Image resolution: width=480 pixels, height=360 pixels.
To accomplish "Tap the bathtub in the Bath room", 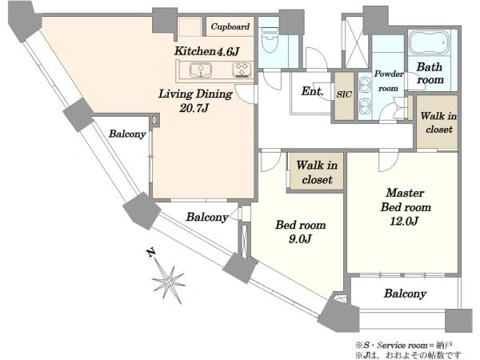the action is (x=429, y=42).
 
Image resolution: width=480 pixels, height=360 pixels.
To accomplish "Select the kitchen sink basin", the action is (x=201, y=70).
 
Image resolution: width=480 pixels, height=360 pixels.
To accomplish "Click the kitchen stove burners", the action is (x=242, y=70).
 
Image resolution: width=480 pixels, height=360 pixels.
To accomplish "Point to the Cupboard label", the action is (x=230, y=26).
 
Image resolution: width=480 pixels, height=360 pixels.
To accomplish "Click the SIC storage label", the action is (x=344, y=94).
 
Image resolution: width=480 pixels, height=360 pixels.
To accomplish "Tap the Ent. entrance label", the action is (x=312, y=91).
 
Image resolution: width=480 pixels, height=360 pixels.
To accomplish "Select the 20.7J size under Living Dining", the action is (x=194, y=108).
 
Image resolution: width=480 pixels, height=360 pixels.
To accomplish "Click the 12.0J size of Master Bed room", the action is (x=404, y=221).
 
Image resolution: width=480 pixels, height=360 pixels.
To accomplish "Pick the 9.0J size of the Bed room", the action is (x=300, y=238).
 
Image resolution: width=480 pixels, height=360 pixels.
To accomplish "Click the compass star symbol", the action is (x=168, y=282).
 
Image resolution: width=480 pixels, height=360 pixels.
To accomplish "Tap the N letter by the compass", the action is (x=150, y=253).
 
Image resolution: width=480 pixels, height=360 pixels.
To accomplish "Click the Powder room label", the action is (x=389, y=81).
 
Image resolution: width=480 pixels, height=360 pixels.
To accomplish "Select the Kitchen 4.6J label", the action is (x=206, y=51).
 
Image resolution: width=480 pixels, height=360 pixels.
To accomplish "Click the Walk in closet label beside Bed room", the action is (x=317, y=172).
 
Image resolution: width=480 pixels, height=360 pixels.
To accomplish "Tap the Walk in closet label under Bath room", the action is (x=438, y=122).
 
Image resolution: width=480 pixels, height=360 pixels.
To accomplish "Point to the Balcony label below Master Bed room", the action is (x=405, y=294).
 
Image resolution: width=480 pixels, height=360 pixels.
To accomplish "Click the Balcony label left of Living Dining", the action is (x=127, y=134).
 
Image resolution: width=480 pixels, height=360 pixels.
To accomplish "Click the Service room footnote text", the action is (x=404, y=346).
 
